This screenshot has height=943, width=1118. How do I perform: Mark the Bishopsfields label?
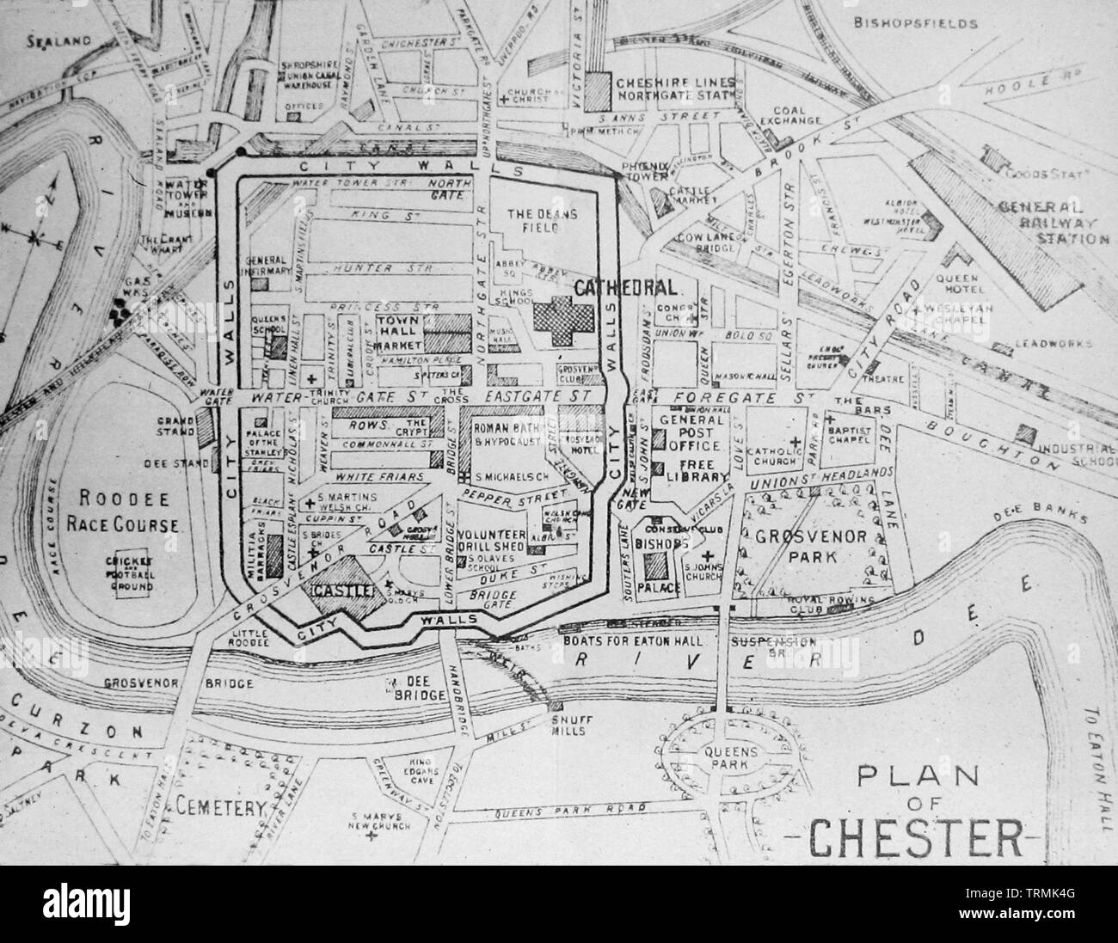click(916, 24)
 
